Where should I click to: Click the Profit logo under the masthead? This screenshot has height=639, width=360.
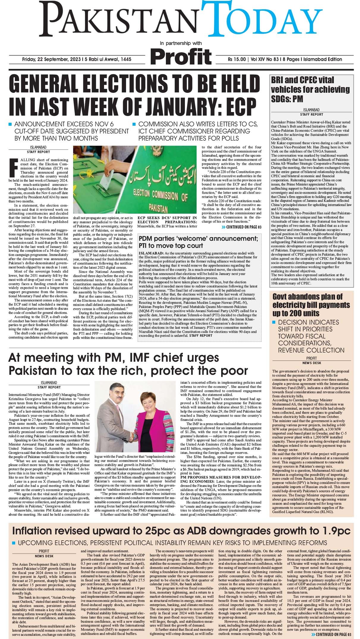pyautogui.click(x=181, y=56)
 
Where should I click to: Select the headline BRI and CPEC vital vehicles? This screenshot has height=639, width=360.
pyautogui.click(x=310, y=89)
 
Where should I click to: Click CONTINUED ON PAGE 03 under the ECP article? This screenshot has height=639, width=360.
pyautogui.click(x=241, y=227)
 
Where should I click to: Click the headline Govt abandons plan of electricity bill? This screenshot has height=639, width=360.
pyautogui.click(x=311, y=305)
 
